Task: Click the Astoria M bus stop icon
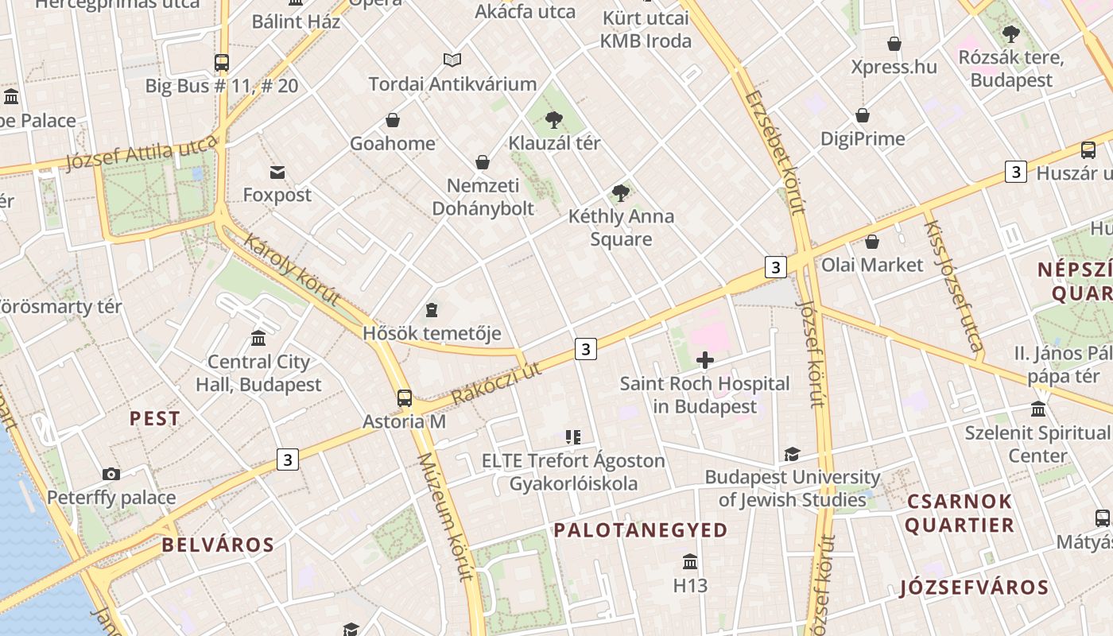pyautogui.click(x=405, y=398)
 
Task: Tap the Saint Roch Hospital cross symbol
pyautogui.click(x=704, y=361)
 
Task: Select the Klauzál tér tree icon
pyautogui.click(x=554, y=121)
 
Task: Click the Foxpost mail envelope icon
pyautogui.click(x=277, y=172)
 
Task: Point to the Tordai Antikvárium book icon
pyautogui.click(x=452, y=60)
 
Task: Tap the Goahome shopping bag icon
pyautogui.click(x=393, y=120)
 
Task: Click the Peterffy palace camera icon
pyautogui.click(x=111, y=475)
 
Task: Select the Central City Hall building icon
pyautogui.click(x=258, y=339)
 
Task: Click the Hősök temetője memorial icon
pyautogui.click(x=432, y=309)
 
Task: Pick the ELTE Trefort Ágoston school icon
pyautogui.click(x=573, y=437)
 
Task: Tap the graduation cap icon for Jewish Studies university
pyautogui.click(x=792, y=454)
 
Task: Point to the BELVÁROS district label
pyautogui.click(x=218, y=545)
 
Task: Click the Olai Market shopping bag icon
pyautogui.click(x=872, y=242)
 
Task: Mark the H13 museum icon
pyautogui.click(x=690, y=562)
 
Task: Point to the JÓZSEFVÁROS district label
pyautogui.click(x=974, y=588)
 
